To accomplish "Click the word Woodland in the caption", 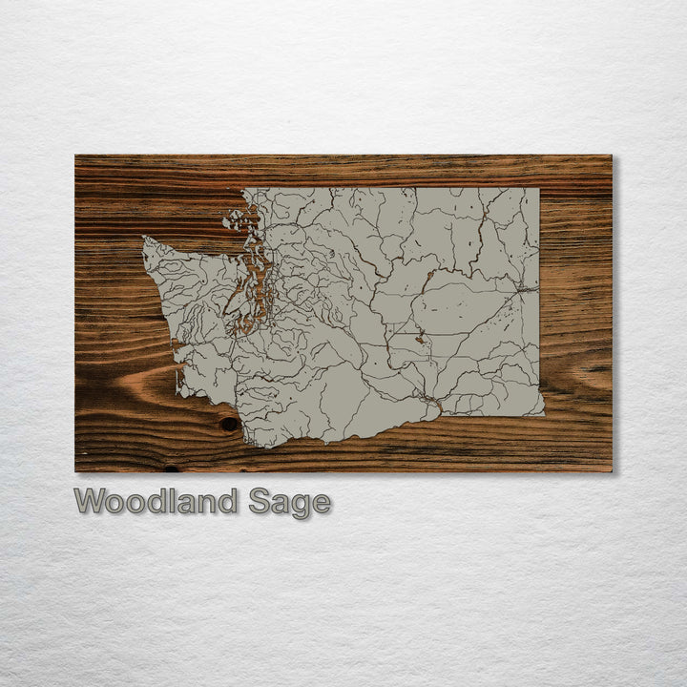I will (x=156, y=501).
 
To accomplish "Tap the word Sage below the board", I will (x=289, y=502).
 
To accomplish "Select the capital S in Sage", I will (x=260, y=501).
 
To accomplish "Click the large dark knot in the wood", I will (x=230, y=424).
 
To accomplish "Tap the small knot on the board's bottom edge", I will (x=171, y=468).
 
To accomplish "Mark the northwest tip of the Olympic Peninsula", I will (x=146, y=239).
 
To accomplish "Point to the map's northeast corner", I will (x=538, y=189).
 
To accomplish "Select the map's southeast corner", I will (x=543, y=413).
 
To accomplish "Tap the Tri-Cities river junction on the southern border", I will (x=427, y=399).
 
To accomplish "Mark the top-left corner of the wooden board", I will (x=76, y=156).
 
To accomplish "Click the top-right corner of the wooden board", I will (x=611, y=156).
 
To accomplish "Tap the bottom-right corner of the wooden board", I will (x=611, y=470).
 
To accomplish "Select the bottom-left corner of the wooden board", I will (x=76, y=470).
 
